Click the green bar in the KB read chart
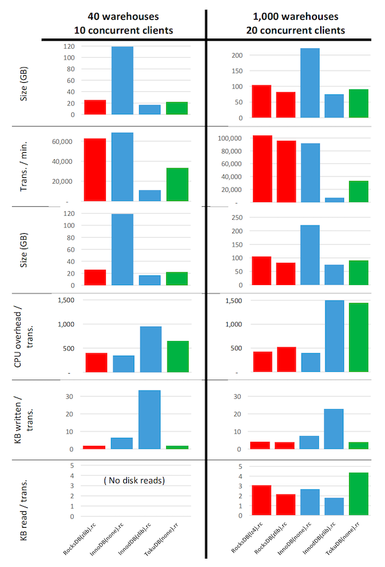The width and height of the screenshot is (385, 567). (x=359, y=494)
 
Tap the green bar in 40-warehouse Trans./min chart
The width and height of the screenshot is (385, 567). (x=177, y=184)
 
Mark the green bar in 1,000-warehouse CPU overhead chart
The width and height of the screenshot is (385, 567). (x=359, y=337)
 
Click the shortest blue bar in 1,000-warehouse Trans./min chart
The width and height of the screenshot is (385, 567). (x=334, y=199)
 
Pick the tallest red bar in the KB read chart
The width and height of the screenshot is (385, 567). (x=261, y=500)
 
